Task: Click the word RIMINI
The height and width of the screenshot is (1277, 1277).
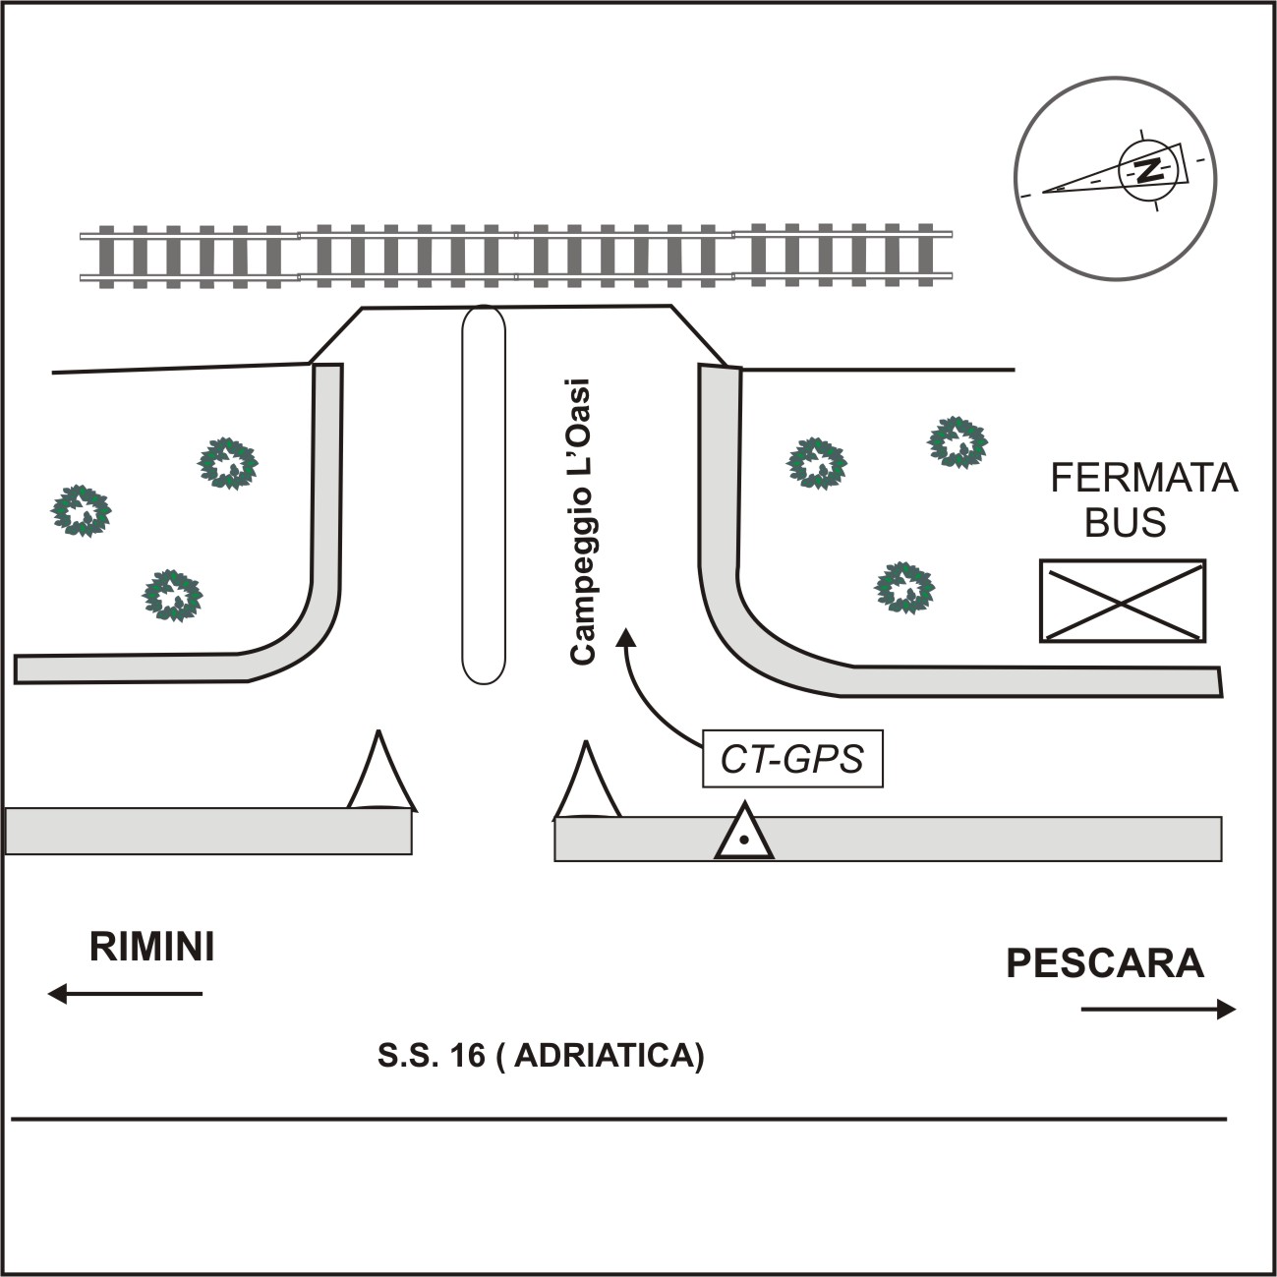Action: pos(151,947)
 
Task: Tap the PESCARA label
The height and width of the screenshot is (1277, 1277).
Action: pos(1105,963)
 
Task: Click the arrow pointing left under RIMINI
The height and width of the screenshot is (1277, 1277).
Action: pos(125,994)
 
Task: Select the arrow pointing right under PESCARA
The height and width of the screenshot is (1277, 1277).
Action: pos(1158,1009)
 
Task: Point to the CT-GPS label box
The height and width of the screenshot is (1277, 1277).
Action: pos(792,759)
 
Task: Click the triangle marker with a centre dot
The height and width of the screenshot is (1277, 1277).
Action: pos(744,834)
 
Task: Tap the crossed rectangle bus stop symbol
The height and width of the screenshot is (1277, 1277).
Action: pos(1123,601)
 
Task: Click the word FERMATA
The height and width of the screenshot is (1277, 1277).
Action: pos(1143,478)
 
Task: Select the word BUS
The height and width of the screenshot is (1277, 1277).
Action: pos(1125,523)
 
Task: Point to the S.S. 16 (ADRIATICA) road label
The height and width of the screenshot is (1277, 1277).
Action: pos(541,1055)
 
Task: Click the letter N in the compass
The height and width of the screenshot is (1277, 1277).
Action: pos(1147,170)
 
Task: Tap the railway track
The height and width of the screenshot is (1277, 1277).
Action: pos(516,257)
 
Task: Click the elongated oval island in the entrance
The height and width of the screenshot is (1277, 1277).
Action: pos(484,494)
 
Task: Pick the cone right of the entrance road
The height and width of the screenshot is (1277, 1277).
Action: pos(587,784)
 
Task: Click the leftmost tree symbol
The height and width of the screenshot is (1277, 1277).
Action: pos(82,510)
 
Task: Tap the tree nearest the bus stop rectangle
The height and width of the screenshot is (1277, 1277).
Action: pos(904,587)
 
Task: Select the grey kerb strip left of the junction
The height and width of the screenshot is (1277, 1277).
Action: pos(207,831)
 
